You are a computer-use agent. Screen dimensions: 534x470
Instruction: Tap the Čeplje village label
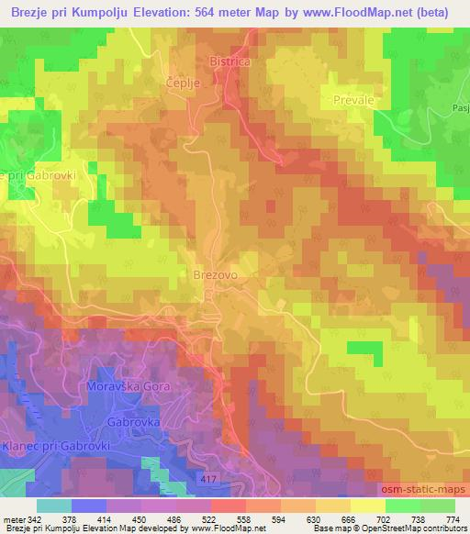pos(181,82)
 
